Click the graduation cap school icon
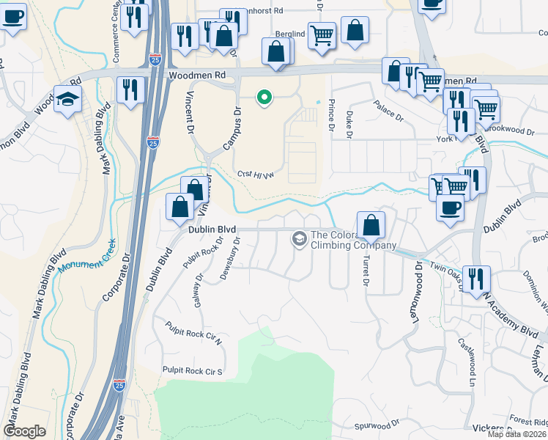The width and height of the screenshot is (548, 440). pos(67,99)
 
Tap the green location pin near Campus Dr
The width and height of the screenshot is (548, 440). pos(262,97)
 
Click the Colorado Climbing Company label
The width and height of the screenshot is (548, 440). pos(354,240)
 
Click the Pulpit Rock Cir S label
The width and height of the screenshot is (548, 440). pos(192,372)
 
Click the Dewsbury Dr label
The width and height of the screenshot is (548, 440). pos(230,258)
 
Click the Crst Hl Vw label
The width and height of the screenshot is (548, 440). pos(255,174)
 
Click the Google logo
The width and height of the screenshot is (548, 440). pos(24,431)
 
